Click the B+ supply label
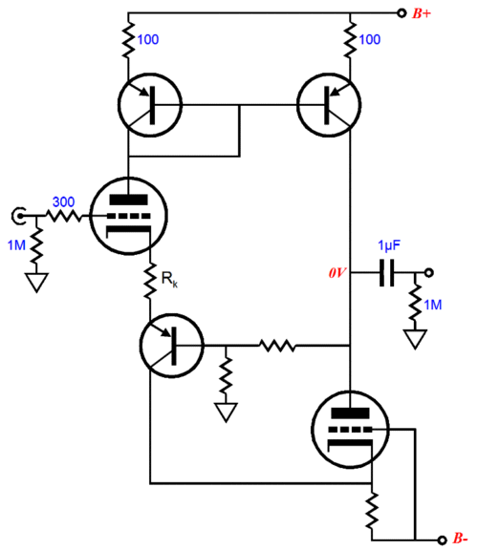[422, 13]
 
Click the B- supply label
[460, 539]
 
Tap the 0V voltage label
[337, 273]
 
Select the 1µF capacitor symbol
[387, 273]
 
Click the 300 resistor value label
[64, 202]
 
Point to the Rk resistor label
[169, 279]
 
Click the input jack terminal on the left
[18, 216]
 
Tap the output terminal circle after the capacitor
[428, 273]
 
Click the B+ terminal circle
[402, 13]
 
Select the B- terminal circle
[442, 540]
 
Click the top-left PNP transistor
[150, 104]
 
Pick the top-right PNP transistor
[329, 105]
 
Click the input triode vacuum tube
[128, 216]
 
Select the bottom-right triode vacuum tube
[350, 429]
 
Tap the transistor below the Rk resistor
[172, 346]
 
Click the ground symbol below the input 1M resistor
[36, 282]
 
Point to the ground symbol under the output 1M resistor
[416, 339]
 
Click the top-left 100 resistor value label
[148, 40]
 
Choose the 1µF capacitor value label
[389, 245]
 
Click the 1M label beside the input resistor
[16, 245]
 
